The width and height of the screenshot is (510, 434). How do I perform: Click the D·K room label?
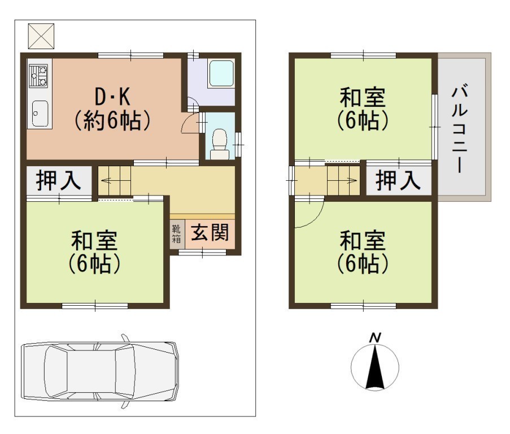point(112,97)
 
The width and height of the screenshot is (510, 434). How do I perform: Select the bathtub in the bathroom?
point(221,73)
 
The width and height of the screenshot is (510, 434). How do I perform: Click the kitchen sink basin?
point(40,113)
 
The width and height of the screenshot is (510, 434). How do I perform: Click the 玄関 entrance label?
point(210,233)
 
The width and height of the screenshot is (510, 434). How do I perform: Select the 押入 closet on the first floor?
point(59,181)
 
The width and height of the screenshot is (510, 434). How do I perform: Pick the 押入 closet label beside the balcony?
point(398,181)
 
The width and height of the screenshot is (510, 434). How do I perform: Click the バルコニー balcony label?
point(460,128)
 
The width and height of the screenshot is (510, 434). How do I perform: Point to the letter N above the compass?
point(375,338)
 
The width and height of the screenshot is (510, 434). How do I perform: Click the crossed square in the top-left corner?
point(41,36)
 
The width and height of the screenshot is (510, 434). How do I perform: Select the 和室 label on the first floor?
point(94,240)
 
